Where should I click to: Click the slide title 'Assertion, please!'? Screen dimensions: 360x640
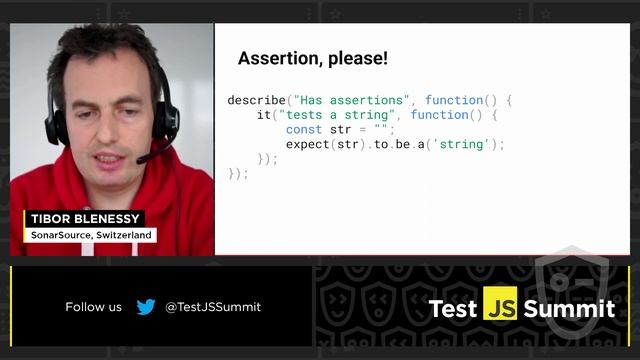point(312,59)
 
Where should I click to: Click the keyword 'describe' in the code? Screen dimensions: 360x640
point(256,100)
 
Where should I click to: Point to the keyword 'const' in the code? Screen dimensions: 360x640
point(304,130)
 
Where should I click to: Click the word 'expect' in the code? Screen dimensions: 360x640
point(307,144)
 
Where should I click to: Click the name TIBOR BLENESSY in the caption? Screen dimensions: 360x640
point(86,219)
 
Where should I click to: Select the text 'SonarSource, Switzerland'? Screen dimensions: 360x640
point(91,235)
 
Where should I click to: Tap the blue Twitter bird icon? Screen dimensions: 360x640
point(146,307)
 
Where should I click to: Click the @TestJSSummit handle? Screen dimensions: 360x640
point(212,307)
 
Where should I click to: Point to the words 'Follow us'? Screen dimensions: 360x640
point(93,307)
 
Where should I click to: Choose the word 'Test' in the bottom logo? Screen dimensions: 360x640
point(453,308)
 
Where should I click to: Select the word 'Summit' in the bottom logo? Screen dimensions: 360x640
point(569,308)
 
